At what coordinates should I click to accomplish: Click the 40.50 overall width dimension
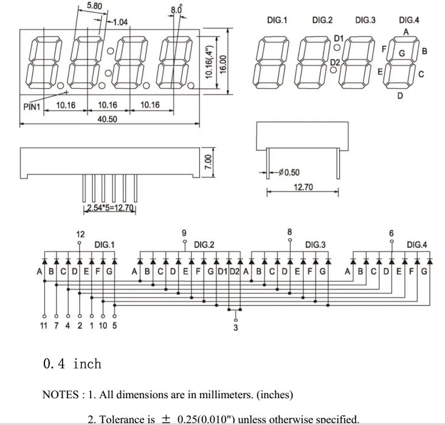click(107, 119)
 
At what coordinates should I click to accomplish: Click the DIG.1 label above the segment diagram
click(277, 20)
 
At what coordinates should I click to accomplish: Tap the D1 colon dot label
click(339, 38)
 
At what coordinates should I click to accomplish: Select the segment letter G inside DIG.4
click(402, 53)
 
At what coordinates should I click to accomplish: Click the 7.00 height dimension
click(207, 162)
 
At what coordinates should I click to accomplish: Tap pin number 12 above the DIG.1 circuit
click(80, 233)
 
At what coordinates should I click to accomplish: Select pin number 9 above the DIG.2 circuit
click(184, 233)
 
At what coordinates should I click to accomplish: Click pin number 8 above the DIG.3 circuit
click(289, 232)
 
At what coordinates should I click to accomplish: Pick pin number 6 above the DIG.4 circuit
click(391, 233)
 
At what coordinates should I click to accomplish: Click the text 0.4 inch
click(72, 364)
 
